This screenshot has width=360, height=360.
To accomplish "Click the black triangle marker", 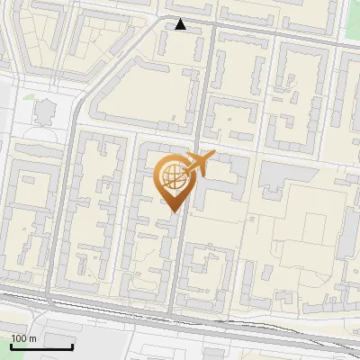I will (x=181, y=24).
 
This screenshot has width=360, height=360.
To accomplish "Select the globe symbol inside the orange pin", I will (x=171, y=175).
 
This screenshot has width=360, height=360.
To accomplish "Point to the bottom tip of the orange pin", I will (x=171, y=211).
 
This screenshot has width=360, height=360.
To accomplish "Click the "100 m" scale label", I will (x=23, y=338).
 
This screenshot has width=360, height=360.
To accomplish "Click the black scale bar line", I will (x=41, y=346).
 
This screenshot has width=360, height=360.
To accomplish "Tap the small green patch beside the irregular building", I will (x=28, y=96).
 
